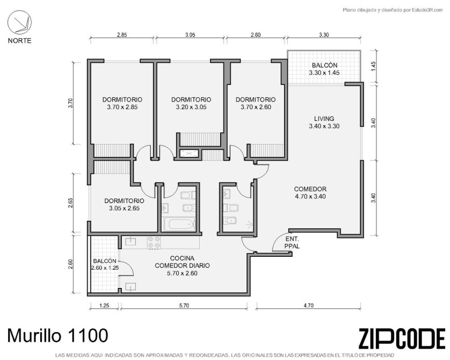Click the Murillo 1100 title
pyautogui.click(x=57, y=335)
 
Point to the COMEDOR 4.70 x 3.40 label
pyautogui.click(x=310, y=193)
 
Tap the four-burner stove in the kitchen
pyautogui.click(x=154, y=242)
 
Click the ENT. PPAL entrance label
pyautogui.click(x=292, y=242)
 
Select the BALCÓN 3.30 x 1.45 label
pyautogui.click(x=324, y=69)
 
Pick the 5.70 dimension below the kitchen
pyautogui.click(x=184, y=306)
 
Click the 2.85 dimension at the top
pyautogui.click(x=122, y=35)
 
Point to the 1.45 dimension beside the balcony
pyautogui.click(x=373, y=67)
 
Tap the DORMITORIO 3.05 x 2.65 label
pyautogui.click(x=124, y=205)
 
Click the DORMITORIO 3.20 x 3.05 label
pyautogui.click(x=191, y=103)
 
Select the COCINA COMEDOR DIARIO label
pyautogui.click(x=182, y=265)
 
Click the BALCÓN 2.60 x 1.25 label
pyautogui.click(x=105, y=264)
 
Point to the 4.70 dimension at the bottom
pyautogui.click(x=309, y=306)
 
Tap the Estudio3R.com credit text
pyautogui.click(x=393, y=10)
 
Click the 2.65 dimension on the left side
pyautogui.click(x=71, y=203)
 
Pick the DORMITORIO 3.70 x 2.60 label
pyautogui.click(x=256, y=103)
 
